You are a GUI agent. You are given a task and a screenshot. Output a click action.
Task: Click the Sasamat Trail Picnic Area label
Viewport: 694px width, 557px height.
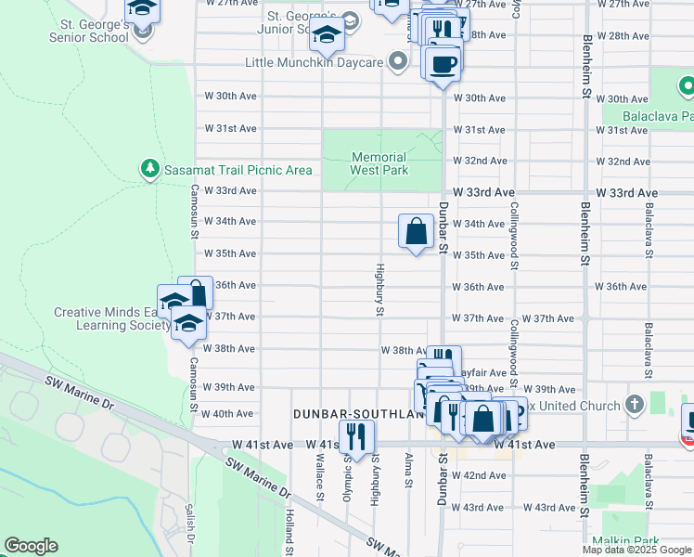[238, 170]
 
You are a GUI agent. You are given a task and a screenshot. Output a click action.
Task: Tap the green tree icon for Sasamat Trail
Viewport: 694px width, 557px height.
[148, 168]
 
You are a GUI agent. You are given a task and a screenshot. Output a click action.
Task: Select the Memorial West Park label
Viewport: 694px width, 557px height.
[379, 163]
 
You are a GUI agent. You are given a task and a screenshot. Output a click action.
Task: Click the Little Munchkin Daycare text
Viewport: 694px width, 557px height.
[314, 63]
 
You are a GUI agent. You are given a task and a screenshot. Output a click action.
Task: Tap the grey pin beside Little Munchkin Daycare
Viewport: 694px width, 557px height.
[398, 62]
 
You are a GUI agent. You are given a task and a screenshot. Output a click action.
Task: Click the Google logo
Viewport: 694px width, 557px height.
[31, 546]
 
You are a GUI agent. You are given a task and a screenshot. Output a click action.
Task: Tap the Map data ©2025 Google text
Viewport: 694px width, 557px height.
[636, 550]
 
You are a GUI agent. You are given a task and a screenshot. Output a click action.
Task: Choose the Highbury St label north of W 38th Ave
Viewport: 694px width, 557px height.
[379, 290]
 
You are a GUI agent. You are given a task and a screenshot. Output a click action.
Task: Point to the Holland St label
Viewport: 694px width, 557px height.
[290, 525]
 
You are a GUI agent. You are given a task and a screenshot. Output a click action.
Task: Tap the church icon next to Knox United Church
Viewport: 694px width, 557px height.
[634, 405]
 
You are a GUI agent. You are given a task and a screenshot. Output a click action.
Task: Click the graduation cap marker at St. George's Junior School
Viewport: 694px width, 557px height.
[328, 35]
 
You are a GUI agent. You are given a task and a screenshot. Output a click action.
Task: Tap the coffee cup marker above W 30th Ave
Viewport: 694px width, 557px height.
[442, 63]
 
